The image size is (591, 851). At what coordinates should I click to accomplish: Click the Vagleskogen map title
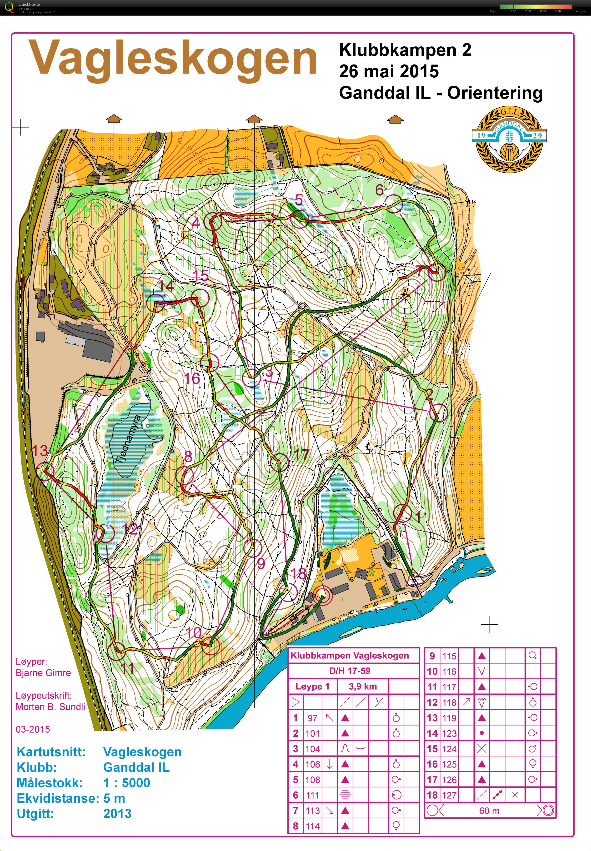point(173,59)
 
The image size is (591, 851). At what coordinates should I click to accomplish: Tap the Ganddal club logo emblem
point(509,139)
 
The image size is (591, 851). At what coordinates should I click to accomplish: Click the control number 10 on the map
point(194,633)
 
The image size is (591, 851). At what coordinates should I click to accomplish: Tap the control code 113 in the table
point(313,811)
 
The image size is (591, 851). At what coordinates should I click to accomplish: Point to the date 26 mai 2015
point(389,71)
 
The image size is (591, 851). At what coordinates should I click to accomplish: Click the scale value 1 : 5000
point(127,783)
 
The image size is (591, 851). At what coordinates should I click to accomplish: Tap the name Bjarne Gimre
point(43,672)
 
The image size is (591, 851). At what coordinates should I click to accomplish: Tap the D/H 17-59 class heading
point(350,671)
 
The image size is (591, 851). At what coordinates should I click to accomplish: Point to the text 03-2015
point(33,729)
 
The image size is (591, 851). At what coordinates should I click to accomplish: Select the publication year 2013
point(117,814)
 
